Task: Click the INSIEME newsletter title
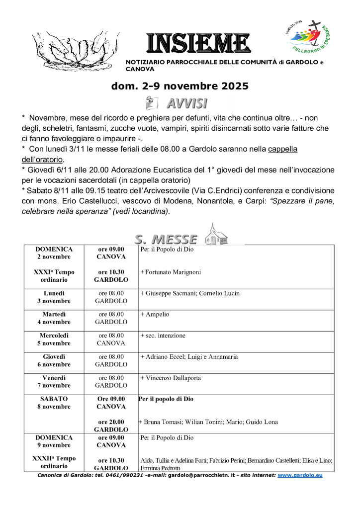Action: click(x=198, y=44)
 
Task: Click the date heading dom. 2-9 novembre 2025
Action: click(x=180, y=86)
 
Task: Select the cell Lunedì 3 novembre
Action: click(x=54, y=297)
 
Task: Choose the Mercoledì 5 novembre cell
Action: click(x=54, y=339)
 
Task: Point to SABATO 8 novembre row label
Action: click(x=54, y=403)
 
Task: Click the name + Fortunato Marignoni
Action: click(x=171, y=272)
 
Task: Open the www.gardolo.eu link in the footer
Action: click(x=300, y=476)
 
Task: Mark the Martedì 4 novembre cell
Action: click(x=54, y=318)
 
